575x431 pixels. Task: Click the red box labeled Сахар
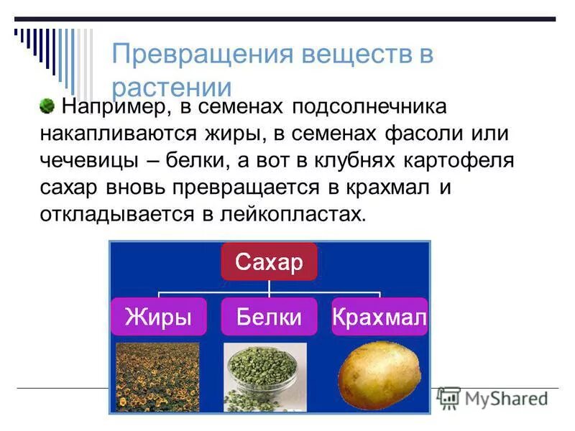point(269,262)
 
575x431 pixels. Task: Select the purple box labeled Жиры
point(158,317)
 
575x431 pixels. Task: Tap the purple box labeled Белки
point(269,317)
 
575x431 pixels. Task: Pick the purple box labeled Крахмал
point(379,317)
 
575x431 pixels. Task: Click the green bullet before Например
point(47,106)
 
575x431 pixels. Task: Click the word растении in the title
point(172,88)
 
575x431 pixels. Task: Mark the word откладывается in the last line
point(114,214)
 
